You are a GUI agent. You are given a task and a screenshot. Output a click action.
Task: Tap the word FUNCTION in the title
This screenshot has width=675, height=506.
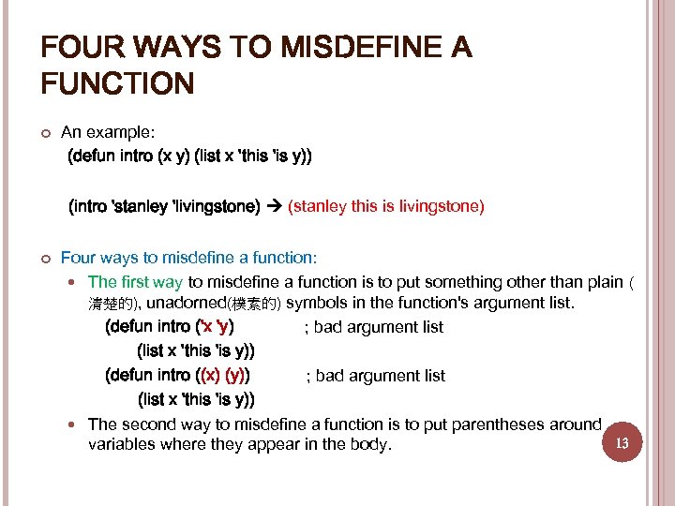click(x=117, y=85)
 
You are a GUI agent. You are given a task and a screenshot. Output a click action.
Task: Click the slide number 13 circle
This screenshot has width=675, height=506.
click(x=622, y=441)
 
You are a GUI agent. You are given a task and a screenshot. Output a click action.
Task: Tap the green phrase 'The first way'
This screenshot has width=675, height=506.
click(x=135, y=282)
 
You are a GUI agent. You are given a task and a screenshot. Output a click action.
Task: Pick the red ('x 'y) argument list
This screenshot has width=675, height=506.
click(x=213, y=327)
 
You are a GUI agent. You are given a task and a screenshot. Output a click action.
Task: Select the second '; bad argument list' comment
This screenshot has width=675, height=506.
click(x=376, y=376)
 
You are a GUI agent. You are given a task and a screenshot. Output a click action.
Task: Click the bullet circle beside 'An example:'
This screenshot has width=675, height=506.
click(x=44, y=134)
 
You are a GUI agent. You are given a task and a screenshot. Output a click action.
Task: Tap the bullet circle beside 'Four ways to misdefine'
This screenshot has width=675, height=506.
click(x=44, y=257)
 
